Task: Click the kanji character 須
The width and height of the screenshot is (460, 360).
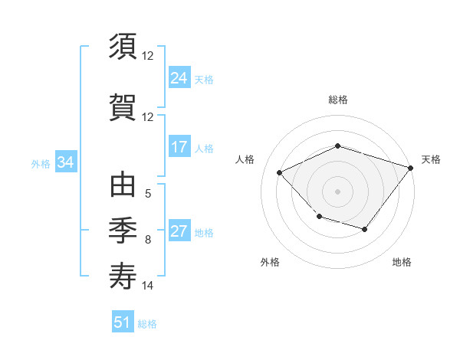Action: tap(123, 47)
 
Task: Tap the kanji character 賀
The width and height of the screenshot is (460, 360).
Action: tap(123, 106)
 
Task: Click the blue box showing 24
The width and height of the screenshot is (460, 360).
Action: tap(179, 78)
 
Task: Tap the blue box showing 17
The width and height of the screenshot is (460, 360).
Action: tap(179, 147)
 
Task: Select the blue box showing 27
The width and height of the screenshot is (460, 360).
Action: tap(179, 232)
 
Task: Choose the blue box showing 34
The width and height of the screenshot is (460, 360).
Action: tap(65, 162)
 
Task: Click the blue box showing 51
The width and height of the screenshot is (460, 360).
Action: tap(123, 322)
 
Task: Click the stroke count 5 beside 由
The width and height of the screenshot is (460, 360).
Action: tap(148, 195)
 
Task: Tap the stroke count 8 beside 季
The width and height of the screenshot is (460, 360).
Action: tap(148, 240)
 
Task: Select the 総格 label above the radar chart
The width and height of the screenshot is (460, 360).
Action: tap(338, 100)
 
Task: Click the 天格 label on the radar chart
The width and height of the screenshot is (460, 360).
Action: tap(431, 159)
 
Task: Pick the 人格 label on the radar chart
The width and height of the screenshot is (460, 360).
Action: tap(245, 159)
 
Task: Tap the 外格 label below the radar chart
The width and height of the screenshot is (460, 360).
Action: tap(270, 263)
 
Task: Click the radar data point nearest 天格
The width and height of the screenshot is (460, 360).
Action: tap(412, 168)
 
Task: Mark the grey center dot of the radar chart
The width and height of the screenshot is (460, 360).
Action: tap(337, 191)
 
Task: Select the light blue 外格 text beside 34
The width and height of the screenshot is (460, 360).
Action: tap(41, 163)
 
